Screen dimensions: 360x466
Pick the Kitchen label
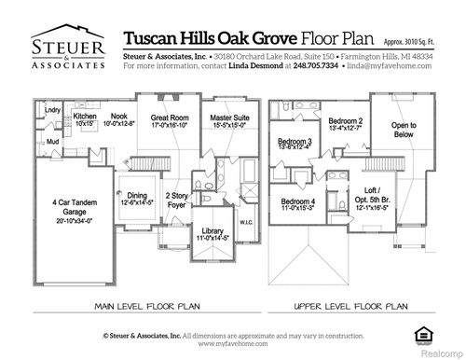(x=85, y=119)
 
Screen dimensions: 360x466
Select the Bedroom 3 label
(x=295, y=145)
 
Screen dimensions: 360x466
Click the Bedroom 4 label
(x=300, y=206)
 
